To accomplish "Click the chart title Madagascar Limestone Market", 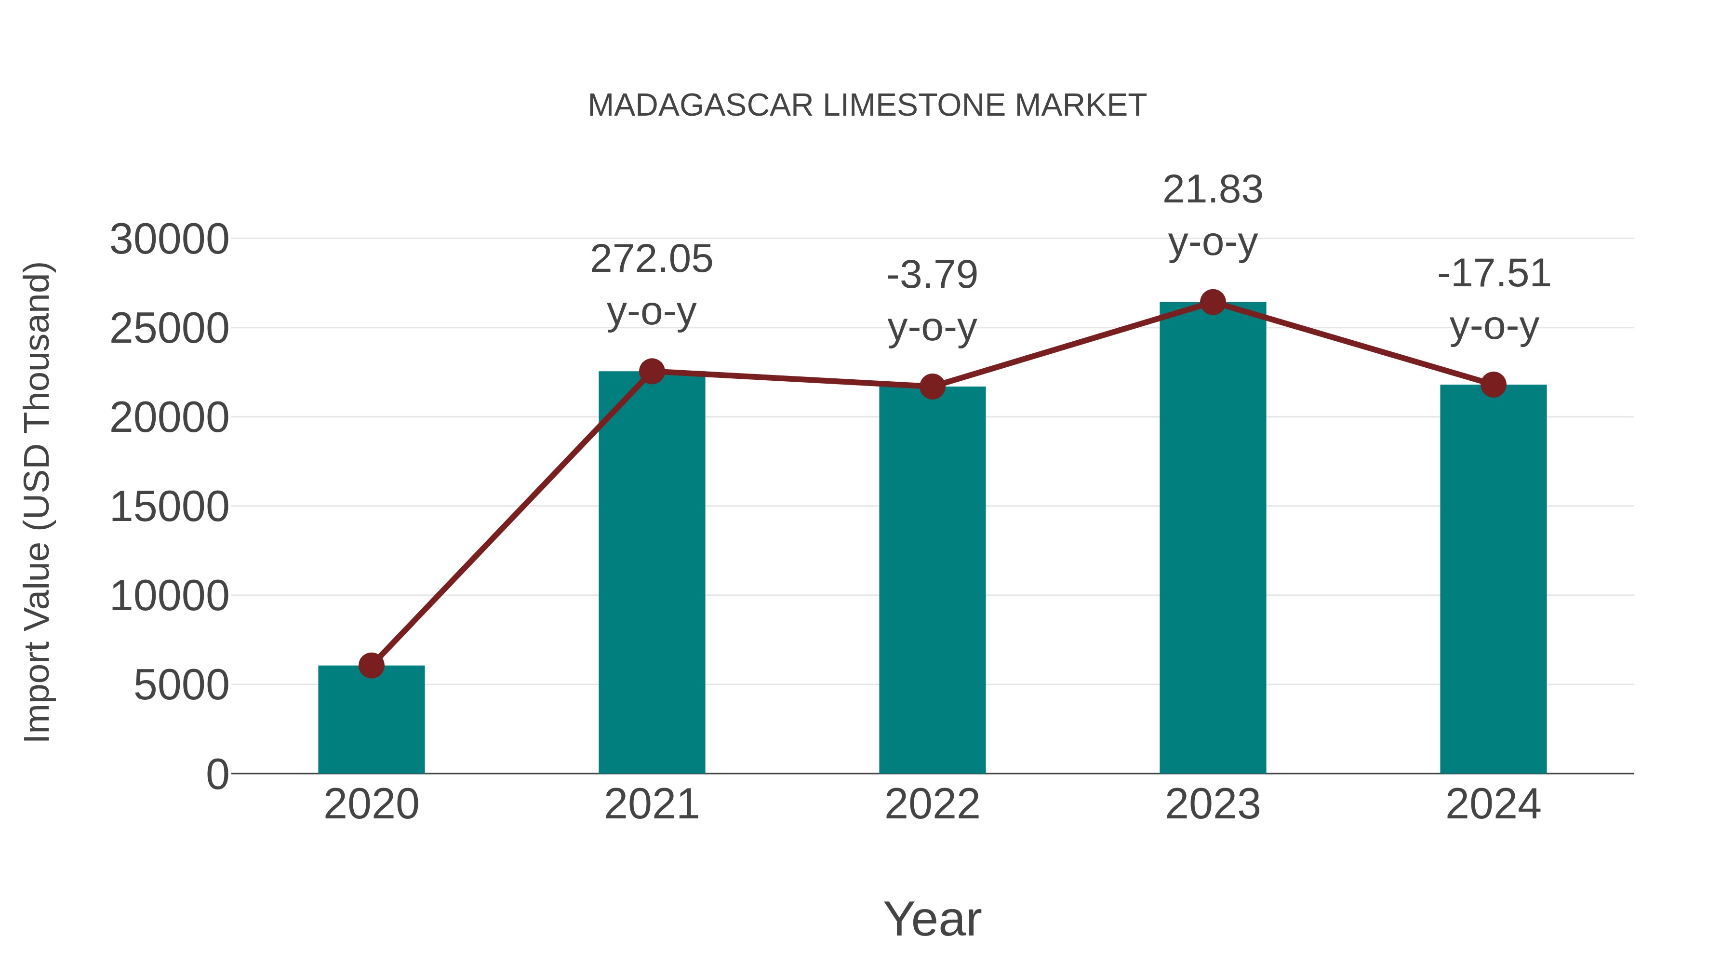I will click(867, 106).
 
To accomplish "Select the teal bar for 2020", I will click(371, 721).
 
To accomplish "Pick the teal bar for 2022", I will click(932, 579).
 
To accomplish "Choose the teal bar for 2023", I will click(1213, 539).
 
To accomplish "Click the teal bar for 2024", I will click(1493, 579).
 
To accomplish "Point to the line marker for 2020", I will click(371, 666).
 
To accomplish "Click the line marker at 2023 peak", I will click(1213, 302).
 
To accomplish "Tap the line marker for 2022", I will click(932, 387).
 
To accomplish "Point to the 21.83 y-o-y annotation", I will click(1213, 215).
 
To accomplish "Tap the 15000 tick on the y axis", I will click(169, 507).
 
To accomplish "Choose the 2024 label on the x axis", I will click(1493, 804).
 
